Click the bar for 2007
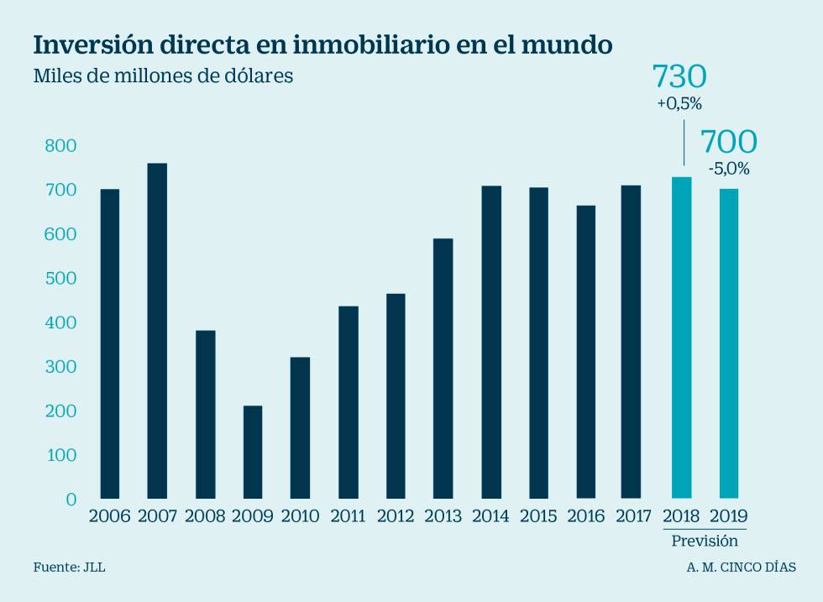click(x=157, y=331)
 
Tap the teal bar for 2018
click(x=681, y=338)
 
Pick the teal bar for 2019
click(x=729, y=343)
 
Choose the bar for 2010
click(x=300, y=427)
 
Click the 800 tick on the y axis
click(x=60, y=146)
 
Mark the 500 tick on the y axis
click(x=60, y=279)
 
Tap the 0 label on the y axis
click(x=71, y=500)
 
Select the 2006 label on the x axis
click(x=109, y=516)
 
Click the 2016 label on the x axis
click(x=585, y=516)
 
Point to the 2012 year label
click(x=395, y=516)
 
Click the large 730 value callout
click(x=679, y=77)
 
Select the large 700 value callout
click(x=728, y=141)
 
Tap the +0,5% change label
click(x=679, y=105)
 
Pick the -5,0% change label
click(x=729, y=169)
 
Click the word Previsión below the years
click(x=705, y=541)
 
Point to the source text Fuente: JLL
click(x=70, y=568)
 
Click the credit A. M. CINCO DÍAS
click(x=741, y=568)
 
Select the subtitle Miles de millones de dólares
click(x=163, y=76)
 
